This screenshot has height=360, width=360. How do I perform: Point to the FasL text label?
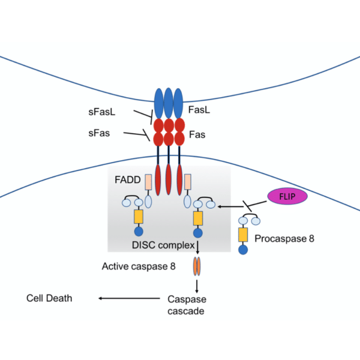(x=199, y=110)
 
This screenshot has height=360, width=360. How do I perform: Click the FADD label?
(x=127, y=179)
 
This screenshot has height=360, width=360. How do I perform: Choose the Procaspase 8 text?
(x=284, y=238)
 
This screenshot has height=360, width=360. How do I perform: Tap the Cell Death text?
(x=49, y=298)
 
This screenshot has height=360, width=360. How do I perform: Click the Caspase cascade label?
(x=187, y=305)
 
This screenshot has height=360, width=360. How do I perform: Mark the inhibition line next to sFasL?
(x=144, y=114)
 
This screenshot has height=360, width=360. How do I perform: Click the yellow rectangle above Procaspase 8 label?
(x=244, y=235)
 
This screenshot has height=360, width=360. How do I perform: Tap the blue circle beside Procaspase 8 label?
(x=244, y=250)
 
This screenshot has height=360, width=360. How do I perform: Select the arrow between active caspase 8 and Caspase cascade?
(x=196, y=284)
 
